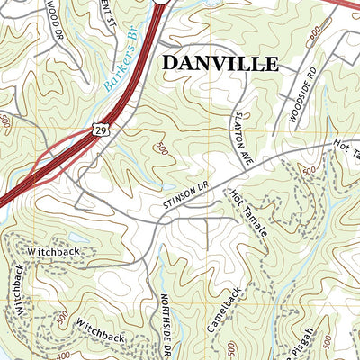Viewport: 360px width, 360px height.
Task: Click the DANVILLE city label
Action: pyautogui.click(x=220, y=63)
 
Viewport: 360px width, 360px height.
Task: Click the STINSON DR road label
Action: pyautogui.click(x=186, y=199)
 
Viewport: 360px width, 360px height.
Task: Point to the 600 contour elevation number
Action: pyautogui.click(x=314, y=35)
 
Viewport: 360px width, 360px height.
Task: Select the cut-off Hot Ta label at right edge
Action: pyautogui.click(x=346, y=145)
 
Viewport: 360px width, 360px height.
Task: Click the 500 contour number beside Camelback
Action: pyautogui.click(x=232, y=348)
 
